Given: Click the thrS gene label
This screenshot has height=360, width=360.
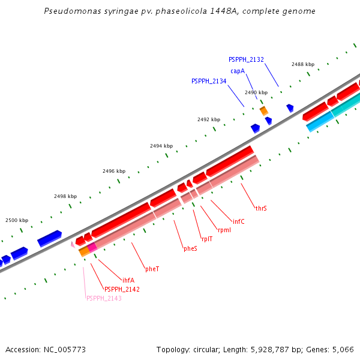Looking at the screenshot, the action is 261,209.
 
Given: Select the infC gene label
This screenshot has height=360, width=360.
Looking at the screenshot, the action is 239,222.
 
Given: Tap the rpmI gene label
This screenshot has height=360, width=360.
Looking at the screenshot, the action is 224,230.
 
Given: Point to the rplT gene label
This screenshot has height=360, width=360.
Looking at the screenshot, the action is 207,239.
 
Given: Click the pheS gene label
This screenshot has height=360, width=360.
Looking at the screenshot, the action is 190,248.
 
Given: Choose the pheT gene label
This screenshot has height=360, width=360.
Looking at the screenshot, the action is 152,269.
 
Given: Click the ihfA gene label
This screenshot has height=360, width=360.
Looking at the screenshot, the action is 128,280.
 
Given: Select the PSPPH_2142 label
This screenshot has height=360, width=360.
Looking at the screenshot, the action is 122,289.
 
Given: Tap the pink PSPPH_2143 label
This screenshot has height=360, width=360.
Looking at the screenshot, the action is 104,298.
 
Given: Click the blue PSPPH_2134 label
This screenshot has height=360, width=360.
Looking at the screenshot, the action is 209,81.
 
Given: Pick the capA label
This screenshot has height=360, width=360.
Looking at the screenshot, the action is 238,71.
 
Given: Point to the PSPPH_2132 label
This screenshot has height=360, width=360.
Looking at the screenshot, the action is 246,59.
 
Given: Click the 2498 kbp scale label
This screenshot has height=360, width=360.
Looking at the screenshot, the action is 65,196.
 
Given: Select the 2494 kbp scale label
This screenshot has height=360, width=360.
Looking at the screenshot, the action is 161,146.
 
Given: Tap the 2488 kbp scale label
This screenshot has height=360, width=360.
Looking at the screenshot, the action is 303,64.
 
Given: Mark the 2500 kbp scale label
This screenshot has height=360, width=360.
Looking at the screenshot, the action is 17,220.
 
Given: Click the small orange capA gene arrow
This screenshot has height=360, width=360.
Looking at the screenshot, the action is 263,111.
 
